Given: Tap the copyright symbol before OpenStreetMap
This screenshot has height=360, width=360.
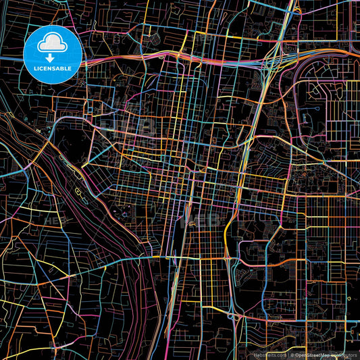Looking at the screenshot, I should pos(294,354).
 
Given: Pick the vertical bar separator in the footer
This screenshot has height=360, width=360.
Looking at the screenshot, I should pos(288,354).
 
